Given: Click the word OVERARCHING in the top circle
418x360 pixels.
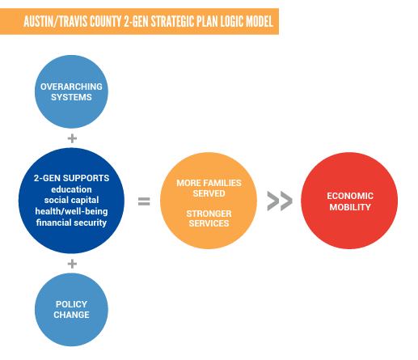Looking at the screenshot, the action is coord(71,87).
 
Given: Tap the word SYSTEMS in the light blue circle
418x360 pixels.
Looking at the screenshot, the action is coord(71,97).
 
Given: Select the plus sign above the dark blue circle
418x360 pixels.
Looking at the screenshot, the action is coord(72,138).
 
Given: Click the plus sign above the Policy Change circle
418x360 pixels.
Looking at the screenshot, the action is coord(72,264).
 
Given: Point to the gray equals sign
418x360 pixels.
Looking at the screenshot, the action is coord(144,201).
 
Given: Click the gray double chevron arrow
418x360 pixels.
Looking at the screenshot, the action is coord(280,201).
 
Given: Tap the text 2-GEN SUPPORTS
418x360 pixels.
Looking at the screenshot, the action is coord(71,178).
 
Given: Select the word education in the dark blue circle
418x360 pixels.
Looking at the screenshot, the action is coord(71,189).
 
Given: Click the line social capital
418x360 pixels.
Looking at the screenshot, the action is coord(71,200).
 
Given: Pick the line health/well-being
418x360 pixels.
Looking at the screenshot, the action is coord(71,211).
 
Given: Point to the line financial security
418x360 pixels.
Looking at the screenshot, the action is coord(71,222).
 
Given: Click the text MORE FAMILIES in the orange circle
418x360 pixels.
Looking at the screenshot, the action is coord(209,183).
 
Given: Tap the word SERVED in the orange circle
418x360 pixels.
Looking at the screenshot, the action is coord(209,193).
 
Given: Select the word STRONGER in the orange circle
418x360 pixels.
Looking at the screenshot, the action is coord(209,214).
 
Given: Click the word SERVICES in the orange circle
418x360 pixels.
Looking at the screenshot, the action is coord(209,223).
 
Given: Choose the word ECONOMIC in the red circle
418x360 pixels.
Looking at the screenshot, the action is coord(350,196).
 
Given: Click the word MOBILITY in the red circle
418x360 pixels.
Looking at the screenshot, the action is coord(350,207).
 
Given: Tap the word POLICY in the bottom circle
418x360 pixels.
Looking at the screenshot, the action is coord(71,304).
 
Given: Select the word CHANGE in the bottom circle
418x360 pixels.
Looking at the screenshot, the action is coord(71,315).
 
